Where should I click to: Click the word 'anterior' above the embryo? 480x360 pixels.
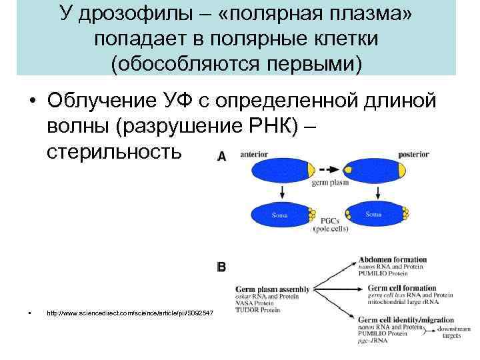point(253,154)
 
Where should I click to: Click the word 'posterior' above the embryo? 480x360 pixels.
point(413,154)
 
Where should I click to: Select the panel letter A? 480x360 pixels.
point(222,156)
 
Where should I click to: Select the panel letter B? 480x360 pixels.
point(222,267)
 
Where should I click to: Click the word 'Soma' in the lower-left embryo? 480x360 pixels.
point(278,215)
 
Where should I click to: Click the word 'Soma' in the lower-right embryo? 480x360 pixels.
point(373,214)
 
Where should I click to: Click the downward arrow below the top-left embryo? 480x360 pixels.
point(282,193)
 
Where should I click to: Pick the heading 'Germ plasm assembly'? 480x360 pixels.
point(273,289)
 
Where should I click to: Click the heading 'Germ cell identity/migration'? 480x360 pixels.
point(406,320)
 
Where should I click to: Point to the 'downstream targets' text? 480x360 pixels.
point(451,331)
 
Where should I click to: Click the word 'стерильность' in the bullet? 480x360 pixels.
point(113,152)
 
